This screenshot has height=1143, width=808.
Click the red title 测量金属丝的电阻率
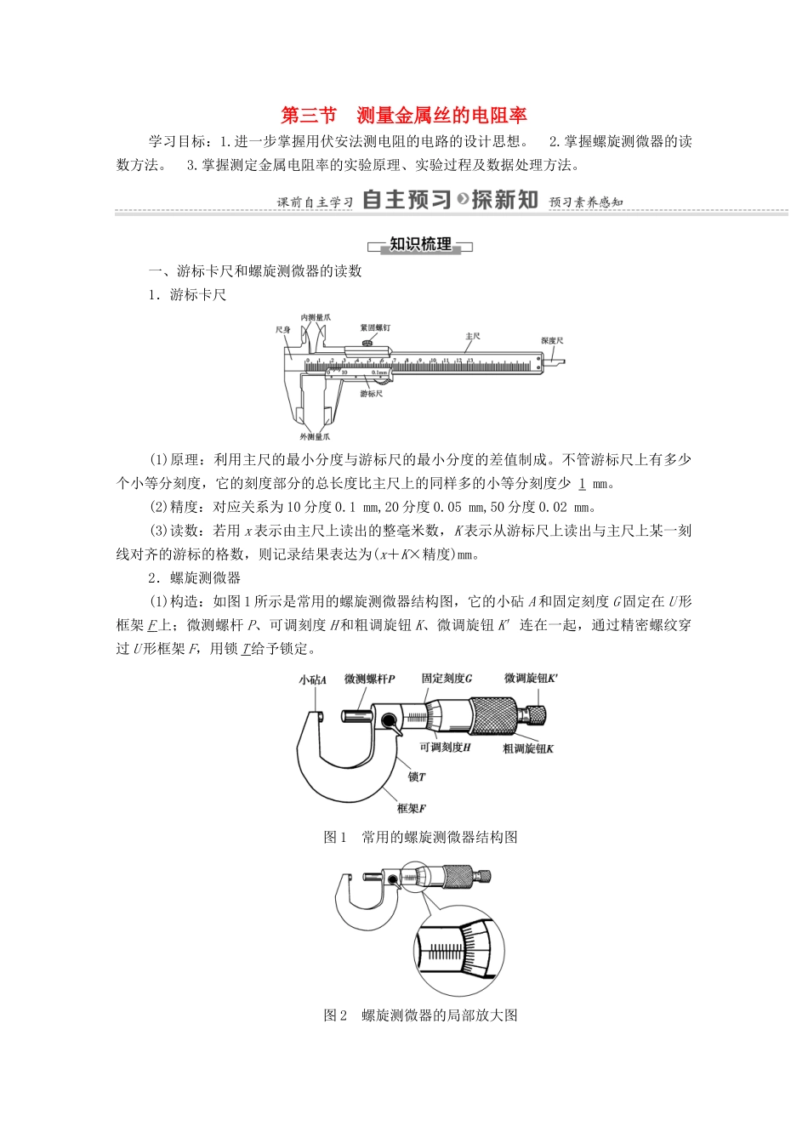point(442,116)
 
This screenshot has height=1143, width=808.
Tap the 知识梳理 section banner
point(420,245)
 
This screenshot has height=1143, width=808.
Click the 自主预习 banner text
point(407,200)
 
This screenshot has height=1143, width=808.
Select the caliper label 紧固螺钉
point(375,327)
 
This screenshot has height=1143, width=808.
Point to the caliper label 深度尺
point(552,340)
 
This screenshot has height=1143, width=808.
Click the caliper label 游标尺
point(371,394)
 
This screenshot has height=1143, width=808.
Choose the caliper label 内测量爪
point(316,317)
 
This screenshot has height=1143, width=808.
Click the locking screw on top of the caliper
point(368,343)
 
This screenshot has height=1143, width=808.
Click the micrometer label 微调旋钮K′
point(531,679)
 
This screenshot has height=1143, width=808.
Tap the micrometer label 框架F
point(411,808)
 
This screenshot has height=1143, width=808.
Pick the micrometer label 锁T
point(416,776)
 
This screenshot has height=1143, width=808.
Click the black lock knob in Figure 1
point(390,723)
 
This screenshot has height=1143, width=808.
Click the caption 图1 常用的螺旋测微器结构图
point(420,838)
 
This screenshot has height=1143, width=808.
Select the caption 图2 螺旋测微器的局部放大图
point(420,1015)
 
